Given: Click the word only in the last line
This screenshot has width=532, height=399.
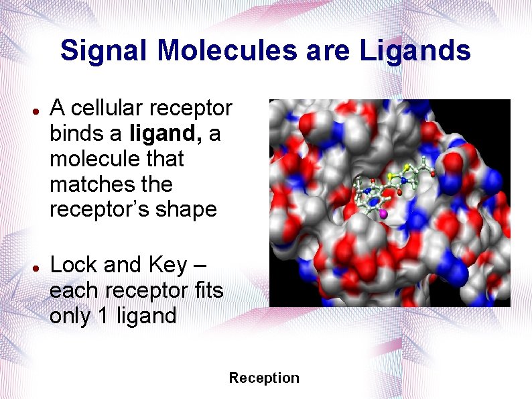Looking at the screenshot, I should [x=70, y=316].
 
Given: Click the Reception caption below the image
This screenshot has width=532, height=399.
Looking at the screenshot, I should [x=264, y=378].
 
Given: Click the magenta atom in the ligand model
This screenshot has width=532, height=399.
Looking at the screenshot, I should [x=383, y=213].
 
